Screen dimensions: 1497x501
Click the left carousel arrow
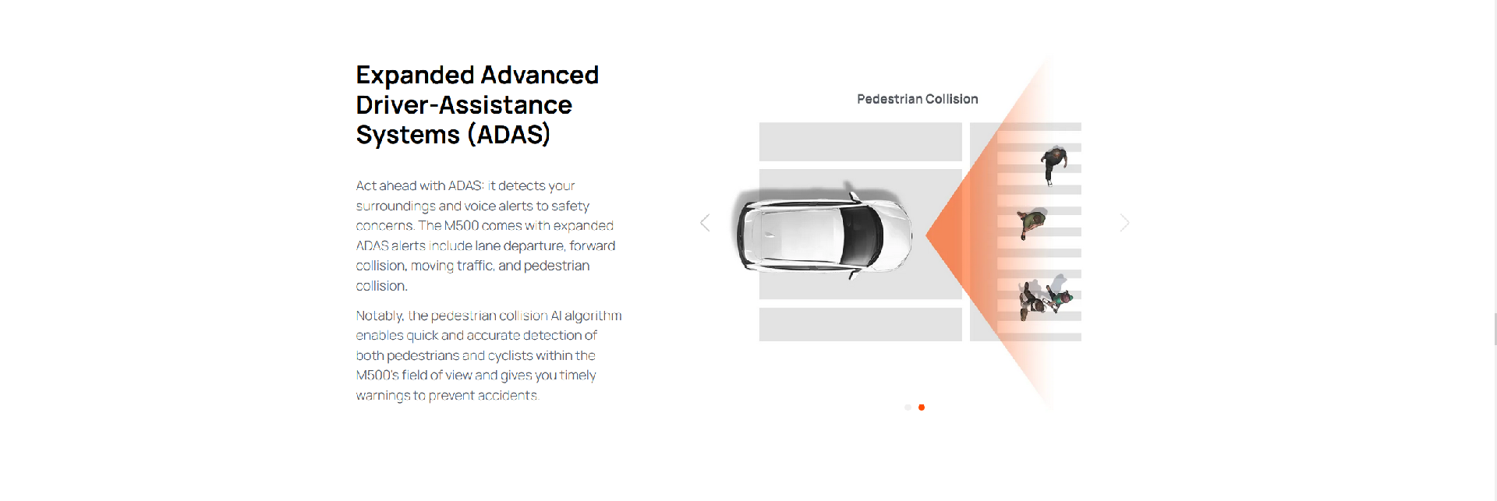tap(705, 223)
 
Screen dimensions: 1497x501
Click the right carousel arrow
tap(1124, 223)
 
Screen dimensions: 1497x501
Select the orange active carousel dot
tap(922, 408)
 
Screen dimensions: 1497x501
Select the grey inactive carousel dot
tap(908, 408)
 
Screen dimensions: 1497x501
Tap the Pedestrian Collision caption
tap(917, 99)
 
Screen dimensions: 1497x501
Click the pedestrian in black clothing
tap(1053, 164)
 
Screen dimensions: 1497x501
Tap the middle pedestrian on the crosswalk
tap(1032, 223)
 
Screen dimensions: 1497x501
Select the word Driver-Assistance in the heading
tap(464, 105)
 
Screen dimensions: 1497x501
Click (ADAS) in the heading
tap(508, 135)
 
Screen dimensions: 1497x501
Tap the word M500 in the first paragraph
tap(461, 226)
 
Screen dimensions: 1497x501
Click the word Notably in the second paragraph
tap(380, 316)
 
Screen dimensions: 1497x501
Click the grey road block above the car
tap(861, 142)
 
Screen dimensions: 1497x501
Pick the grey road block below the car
tap(861, 324)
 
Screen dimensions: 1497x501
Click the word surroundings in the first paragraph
tap(396, 206)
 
